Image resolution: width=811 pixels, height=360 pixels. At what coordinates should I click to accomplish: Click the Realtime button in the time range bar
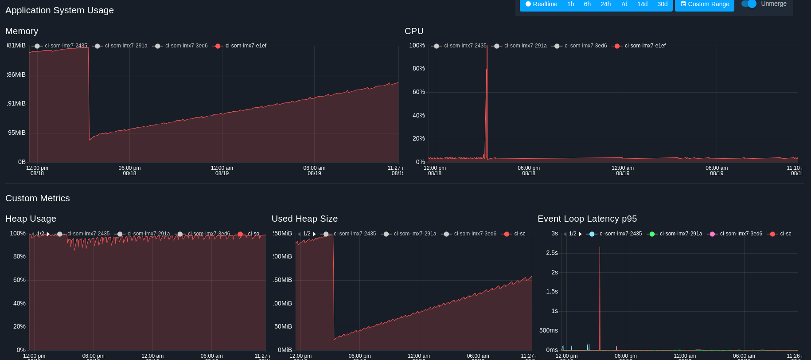(x=541, y=4)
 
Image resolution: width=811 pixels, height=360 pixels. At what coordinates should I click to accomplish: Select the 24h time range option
(x=605, y=4)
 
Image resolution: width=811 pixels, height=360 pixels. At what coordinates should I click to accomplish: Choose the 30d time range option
(x=662, y=4)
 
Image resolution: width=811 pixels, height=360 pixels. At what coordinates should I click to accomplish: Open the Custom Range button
(x=704, y=4)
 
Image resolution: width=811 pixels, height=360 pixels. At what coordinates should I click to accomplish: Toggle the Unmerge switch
(x=749, y=4)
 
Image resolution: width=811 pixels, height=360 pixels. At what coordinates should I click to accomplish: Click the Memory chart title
(x=22, y=31)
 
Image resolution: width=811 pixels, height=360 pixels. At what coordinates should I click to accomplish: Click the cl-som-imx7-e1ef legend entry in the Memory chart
(x=241, y=46)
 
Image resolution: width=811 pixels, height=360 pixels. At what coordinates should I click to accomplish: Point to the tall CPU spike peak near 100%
(x=487, y=47)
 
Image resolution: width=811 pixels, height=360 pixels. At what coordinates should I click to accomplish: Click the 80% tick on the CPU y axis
(x=418, y=68)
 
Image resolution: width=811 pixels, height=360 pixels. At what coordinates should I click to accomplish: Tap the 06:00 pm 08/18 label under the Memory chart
(x=129, y=170)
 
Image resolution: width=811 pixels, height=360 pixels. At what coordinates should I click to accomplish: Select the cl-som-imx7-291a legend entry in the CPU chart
(x=521, y=46)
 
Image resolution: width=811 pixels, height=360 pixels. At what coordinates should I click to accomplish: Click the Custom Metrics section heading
(x=38, y=198)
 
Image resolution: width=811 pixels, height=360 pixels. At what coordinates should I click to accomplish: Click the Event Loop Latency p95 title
(x=587, y=219)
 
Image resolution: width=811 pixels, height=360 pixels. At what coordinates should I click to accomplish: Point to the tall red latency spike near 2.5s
(x=600, y=248)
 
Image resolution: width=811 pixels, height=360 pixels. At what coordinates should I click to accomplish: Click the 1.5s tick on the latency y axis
(x=552, y=291)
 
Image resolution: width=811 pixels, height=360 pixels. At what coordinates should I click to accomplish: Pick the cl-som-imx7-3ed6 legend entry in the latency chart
(x=736, y=234)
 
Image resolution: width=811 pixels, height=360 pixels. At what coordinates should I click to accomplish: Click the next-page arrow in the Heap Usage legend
(x=48, y=234)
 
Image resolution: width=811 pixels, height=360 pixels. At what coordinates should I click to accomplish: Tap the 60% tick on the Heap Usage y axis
(x=19, y=280)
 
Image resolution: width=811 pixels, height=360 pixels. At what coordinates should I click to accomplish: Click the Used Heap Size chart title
(x=304, y=219)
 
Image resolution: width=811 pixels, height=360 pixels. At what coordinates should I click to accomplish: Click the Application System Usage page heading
(x=59, y=10)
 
